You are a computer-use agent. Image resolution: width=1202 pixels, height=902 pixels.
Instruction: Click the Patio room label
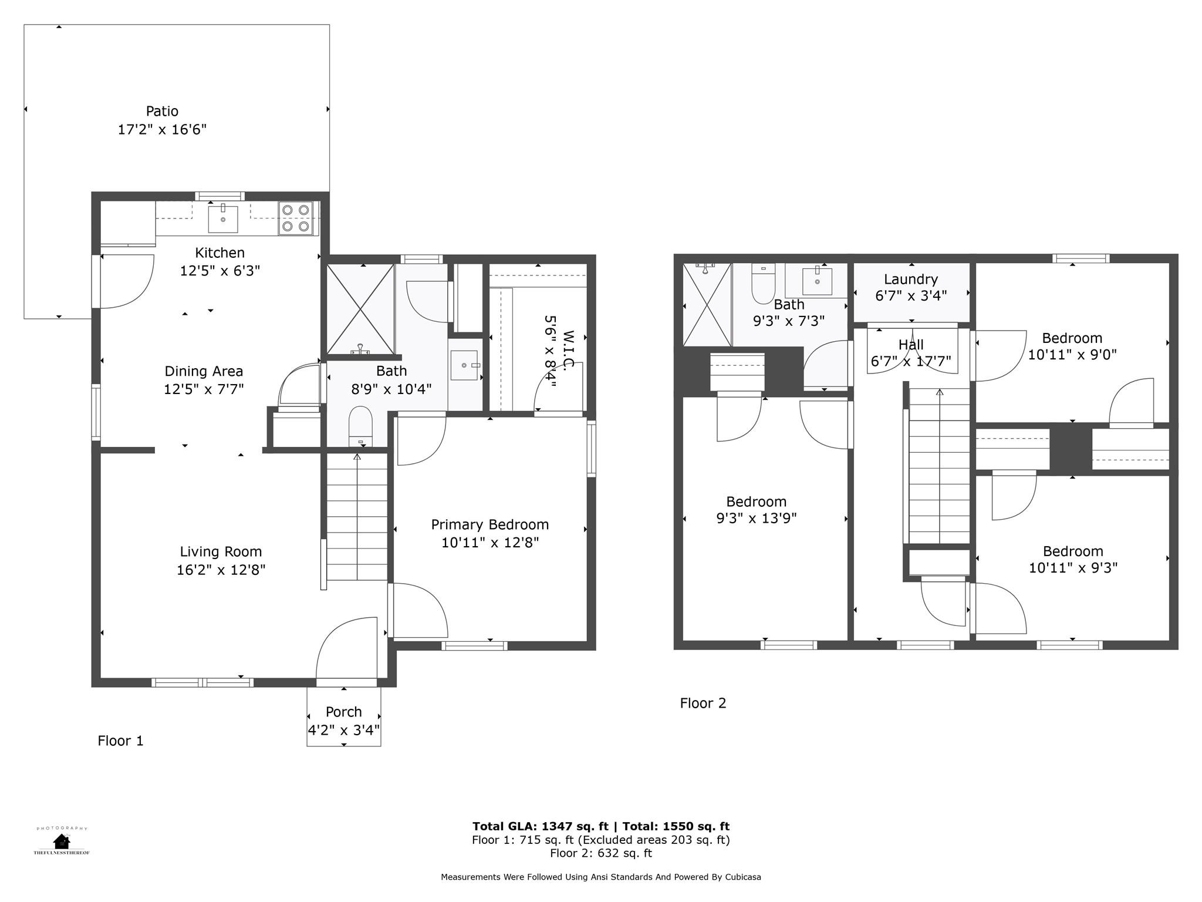[x=162, y=111]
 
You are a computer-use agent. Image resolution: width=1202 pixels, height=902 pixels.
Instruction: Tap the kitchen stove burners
[x=295, y=218]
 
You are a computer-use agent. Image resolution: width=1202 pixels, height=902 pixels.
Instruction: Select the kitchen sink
[x=223, y=218]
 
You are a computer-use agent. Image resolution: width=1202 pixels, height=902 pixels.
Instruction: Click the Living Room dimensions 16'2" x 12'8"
[x=221, y=570]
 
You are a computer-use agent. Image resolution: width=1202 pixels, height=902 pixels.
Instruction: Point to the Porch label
[x=343, y=712]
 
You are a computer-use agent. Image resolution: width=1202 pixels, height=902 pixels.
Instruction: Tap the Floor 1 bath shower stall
[x=360, y=309]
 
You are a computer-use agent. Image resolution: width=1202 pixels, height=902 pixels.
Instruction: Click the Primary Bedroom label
[x=489, y=524]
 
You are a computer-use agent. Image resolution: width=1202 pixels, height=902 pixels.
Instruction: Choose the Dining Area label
[x=203, y=371]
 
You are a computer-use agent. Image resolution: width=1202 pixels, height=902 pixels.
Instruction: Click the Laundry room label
[x=910, y=279]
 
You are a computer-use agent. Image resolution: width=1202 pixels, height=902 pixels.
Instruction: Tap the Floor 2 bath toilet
[x=763, y=285]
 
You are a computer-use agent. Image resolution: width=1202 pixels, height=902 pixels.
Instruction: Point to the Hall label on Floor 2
[x=910, y=345]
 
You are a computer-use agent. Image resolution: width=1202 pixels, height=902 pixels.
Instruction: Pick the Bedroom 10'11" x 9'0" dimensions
[x=1072, y=355]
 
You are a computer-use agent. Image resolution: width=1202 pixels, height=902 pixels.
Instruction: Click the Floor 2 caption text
[x=703, y=703]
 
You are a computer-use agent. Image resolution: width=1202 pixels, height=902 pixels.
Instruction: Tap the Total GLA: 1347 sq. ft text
[x=540, y=826]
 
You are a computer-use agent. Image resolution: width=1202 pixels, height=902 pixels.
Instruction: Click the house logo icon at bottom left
[x=61, y=841]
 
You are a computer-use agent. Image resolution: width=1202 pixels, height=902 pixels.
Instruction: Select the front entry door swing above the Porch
[x=346, y=649]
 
